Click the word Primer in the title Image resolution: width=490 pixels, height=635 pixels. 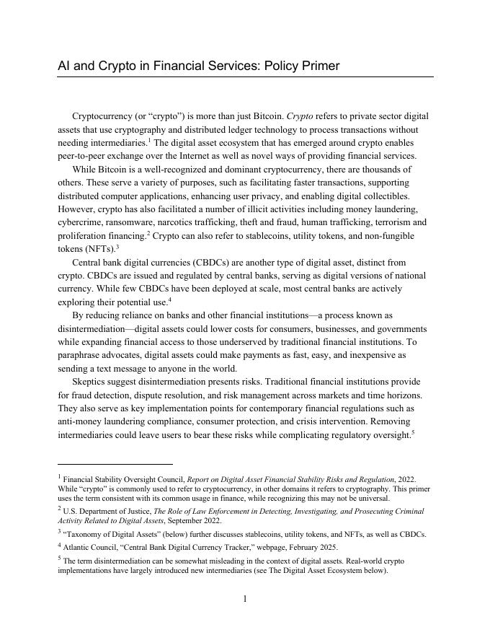pos(318,66)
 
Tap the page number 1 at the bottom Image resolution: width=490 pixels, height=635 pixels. pos(245,598)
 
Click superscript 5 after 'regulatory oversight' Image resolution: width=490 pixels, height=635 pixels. pos(412,432)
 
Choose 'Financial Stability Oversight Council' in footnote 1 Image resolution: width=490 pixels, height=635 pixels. pos(123,479)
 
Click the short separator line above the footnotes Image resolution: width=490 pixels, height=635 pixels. pos(115,464)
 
